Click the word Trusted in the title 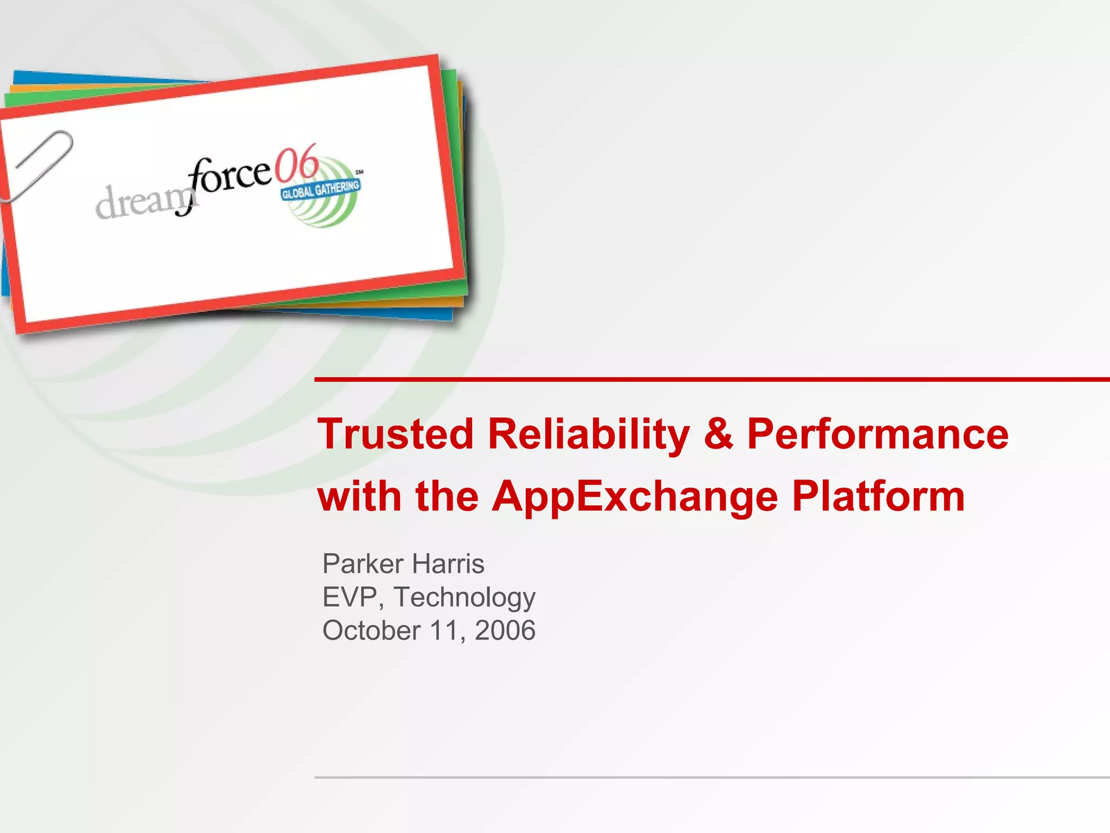click(x=395, y=434)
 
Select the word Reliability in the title click(x=589, y=434)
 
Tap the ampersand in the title click(x=719, y=434)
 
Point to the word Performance click(x=877, y=434)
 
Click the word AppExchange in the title click(x=635, y=497)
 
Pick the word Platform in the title click(x=878, y=496)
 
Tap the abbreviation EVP click(x=350, y=597)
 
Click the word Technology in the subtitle click(x=464, y=598)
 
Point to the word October click(x=371, y=631)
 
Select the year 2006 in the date click(x=505, y=631)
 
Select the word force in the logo click(x=230, y=176)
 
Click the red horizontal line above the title click(x=705, y=380)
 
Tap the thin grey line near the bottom click(x=705, y=777)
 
